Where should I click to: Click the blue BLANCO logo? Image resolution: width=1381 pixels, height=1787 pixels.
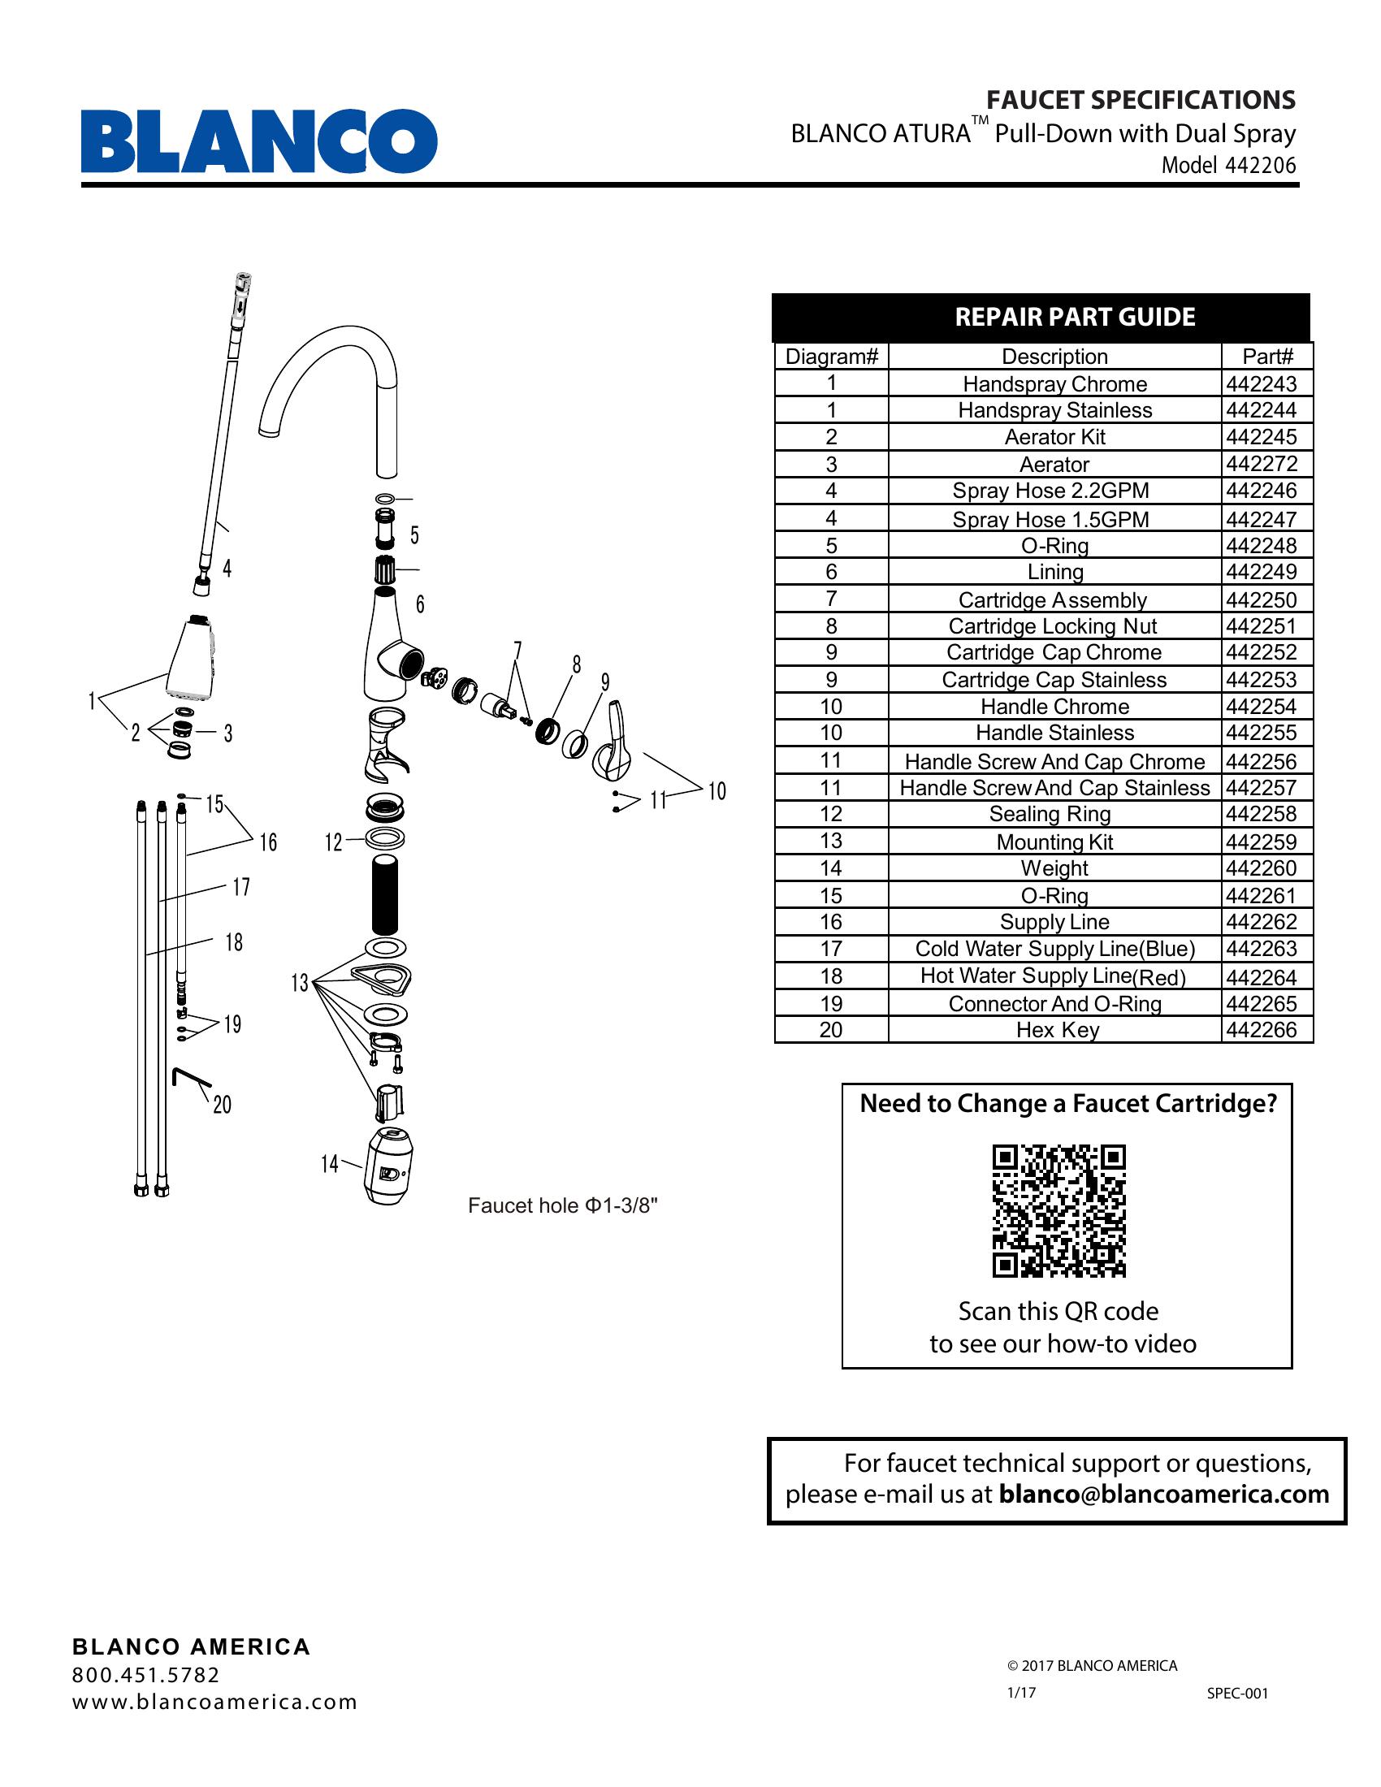pyautogui.click(x=258, y=141)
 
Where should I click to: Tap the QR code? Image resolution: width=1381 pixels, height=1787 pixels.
pyautogui.click(x=1058, y=1210)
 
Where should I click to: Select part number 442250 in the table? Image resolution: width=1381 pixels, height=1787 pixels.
pyautogui.click(x=1261, y=599)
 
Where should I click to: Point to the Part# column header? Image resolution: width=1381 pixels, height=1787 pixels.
pyautogui.click(x=1267, y=357)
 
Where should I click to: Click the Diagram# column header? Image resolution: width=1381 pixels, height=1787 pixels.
pyautogui.click(x=831, y=357)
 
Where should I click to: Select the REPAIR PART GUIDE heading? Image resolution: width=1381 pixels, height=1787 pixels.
pyautogui.click(x=1074, y=317)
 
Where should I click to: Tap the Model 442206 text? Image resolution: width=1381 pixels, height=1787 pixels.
pyautogui.click(x=1229, y=165)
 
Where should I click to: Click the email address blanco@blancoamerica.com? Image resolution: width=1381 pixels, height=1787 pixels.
pyautogui.click(x=1163, y=1494)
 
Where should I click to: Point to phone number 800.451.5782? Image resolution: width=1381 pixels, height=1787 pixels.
pyautogui.click(x=145, y=1675)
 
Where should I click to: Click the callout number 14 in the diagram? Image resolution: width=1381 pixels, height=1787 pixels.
pyautogui.click(x=329, y=1163)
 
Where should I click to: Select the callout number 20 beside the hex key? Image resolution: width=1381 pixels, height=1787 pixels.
pyautogui.click(x=222, y=1106)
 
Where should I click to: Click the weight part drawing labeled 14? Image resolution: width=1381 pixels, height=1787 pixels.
pyautogui.click(x=387, y=1165)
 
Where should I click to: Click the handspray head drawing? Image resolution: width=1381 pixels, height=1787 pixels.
pyautogui.click(x=193, y=659)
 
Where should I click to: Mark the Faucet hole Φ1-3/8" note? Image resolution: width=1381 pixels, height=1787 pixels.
pyautogui.click(x=562, y=1205)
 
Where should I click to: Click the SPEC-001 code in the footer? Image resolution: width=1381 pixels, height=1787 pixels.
pyautogui.click(x=1237, y=1693)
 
